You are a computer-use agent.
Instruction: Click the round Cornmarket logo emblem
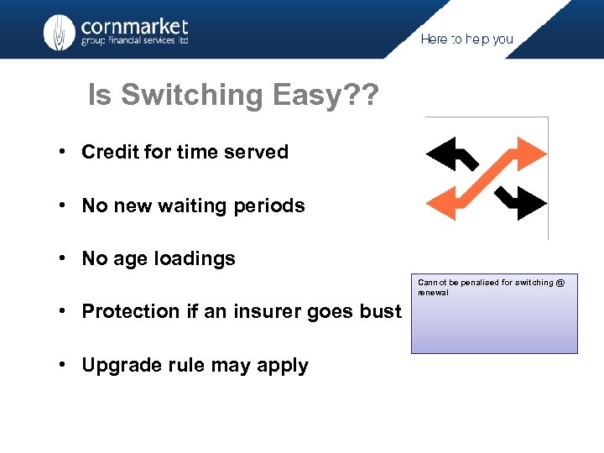[59, 33]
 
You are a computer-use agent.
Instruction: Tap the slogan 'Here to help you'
[466, 39]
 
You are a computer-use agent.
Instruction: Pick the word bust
[381, 311]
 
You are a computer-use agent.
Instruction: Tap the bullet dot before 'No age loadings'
[63, 258]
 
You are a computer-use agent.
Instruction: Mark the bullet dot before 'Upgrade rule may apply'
[63, 365]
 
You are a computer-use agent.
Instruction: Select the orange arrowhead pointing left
[441, 202]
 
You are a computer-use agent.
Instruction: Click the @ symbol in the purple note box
[560, 283]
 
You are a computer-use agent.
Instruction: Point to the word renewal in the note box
[433, 293]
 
